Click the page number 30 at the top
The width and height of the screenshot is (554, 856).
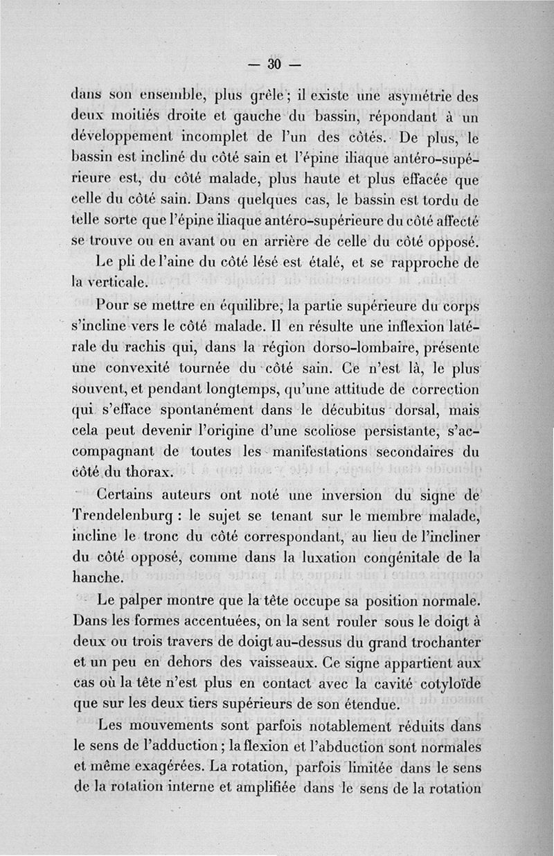273,64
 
